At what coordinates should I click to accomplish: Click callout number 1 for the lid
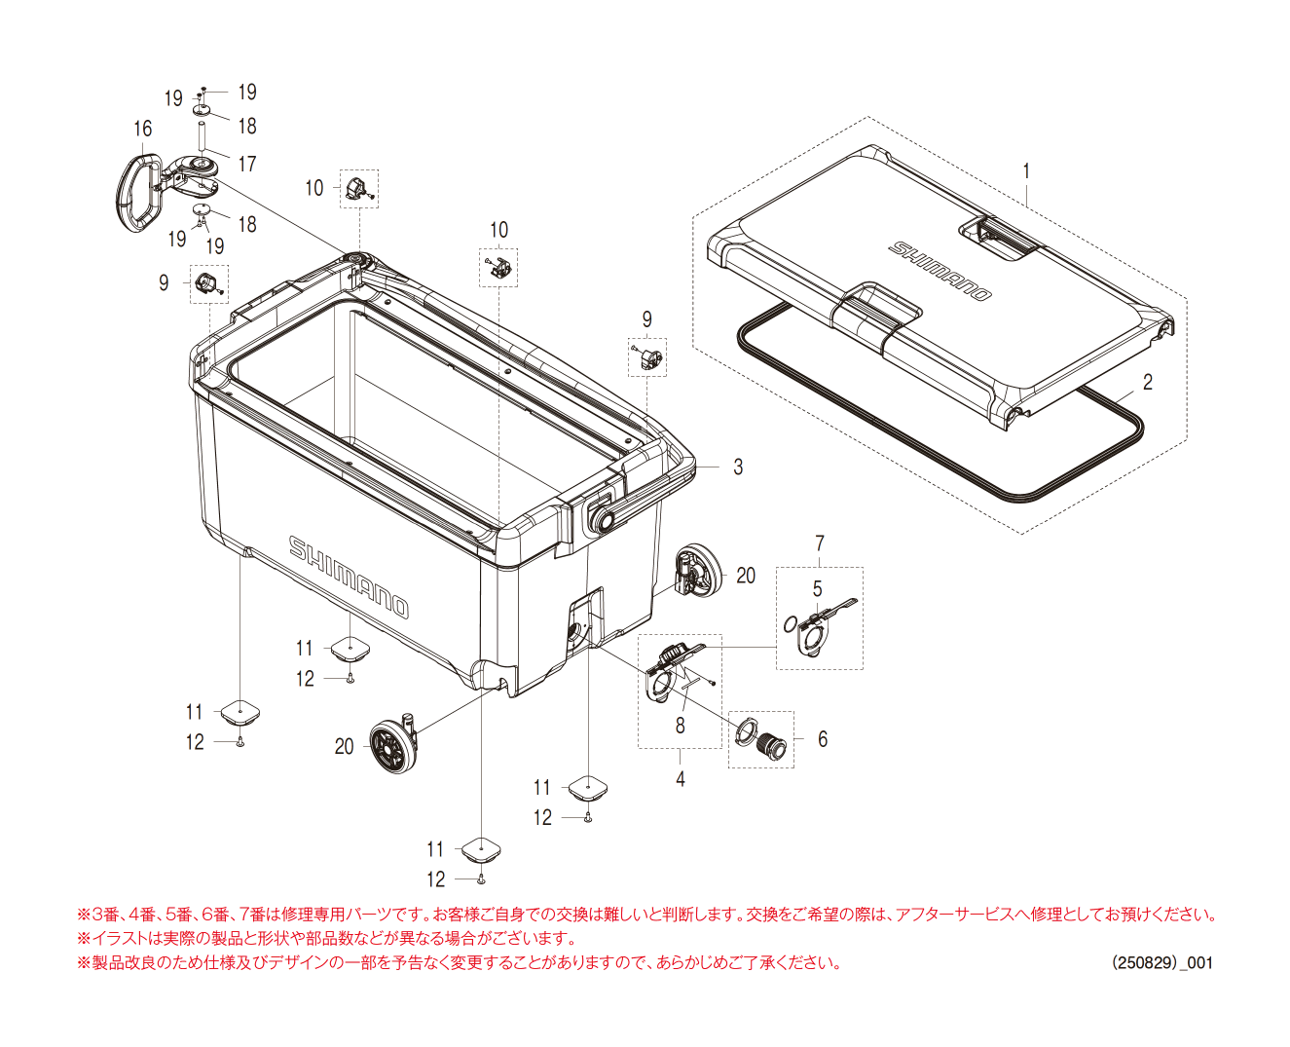(x=1026, y=171)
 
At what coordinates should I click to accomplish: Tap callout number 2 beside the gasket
(x=1147, y=383)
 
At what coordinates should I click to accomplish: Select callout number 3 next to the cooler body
(x=738, y=467)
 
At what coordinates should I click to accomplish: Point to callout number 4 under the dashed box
(x=681, y=779)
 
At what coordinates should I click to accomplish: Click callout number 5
(x=818, y=589)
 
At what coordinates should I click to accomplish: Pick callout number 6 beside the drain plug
(x=823, y=740)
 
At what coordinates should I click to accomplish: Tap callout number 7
(x=820, y=543)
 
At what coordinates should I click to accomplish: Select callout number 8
(x=681, y=726)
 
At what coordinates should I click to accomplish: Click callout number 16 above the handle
(x=143, y=130)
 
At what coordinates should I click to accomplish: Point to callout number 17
(x=247, y=164)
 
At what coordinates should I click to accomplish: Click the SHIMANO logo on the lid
(x=940, y=270)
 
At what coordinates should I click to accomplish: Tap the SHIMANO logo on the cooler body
(x=349, y=576)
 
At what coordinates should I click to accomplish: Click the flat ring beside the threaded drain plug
(x=747, y=729)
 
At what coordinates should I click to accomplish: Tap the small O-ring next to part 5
(x=791, y=623)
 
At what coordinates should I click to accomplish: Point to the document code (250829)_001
(x=1162, y=962)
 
